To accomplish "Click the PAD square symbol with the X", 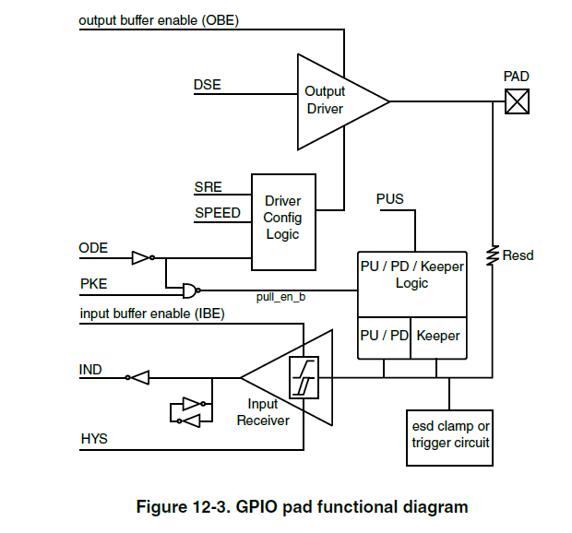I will (x=517, y=101).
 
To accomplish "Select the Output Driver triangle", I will (x=332, y=101).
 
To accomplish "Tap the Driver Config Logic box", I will (x=283, y=218).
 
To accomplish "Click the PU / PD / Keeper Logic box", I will (x=411, y=276).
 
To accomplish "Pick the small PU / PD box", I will (x=384, y=336).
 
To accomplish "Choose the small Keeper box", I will (x=438, y=336).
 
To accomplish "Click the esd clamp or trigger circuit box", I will (x=450, y=434).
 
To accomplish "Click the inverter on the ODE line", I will (x=140, y=258).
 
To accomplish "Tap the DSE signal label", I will (x=207, y=86).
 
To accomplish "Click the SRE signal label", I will (x=208, y=187).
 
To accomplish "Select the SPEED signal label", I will (x=217, y=213).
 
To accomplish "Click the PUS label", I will (x=390, y=199).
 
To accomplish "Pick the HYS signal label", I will (x=93, y=439).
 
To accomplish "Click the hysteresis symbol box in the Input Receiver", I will (x=303, y=377).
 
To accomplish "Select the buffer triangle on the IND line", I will (x=138, y=376).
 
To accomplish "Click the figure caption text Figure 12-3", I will (x=302, y=507).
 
